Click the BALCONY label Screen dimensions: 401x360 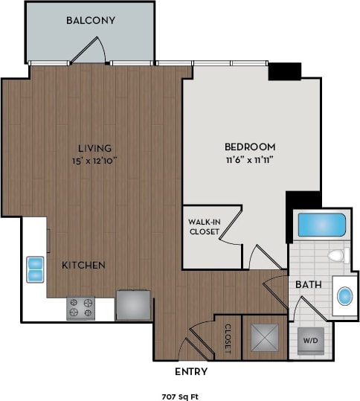[90, 20]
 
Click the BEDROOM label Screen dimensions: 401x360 [250, 147]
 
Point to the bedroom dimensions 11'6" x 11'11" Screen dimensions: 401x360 [250, 159]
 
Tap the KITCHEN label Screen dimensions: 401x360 [83, 265]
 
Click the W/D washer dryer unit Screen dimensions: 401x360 [309, 340]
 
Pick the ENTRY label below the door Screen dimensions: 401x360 [191, 372]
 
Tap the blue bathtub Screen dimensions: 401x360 [321, 225]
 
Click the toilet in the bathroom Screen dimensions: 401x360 [337, 257]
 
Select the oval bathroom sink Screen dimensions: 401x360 [345, 296]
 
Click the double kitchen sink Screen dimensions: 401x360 [35, 269]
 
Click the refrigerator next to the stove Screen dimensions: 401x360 [134, 305]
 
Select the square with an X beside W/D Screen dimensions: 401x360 [265, 336]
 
